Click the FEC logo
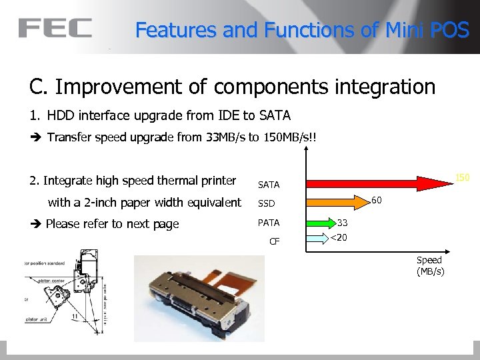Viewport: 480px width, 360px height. coord(55,28)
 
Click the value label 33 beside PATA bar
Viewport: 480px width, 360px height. coord(343,223)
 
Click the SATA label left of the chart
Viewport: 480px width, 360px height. coord(269,185)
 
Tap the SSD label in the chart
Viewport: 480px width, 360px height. coord(267,203)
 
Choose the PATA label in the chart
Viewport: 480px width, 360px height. coord(269,223)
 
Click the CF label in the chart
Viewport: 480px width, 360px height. coord(274,241)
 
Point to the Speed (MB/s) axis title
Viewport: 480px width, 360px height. coord(430,265)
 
